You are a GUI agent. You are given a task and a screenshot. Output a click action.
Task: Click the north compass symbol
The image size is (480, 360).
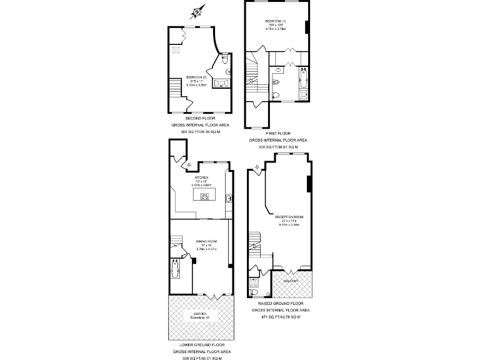pyautogui.click(x=197, y=11)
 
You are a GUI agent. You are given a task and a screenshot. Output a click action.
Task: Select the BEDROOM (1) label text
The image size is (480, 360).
pyautogui.click(x=276, y=21)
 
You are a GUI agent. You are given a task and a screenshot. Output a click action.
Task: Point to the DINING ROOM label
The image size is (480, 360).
pyautogui.click(x=206, y=241)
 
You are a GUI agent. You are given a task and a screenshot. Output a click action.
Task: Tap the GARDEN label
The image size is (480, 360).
pyautogui.click(x=200, y=314)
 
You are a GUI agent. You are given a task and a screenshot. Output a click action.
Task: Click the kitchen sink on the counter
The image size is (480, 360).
pyautogui.click(x=229, y=199)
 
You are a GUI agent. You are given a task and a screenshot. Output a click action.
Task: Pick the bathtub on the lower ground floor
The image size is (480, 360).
pyautogui.click(x=174, y=272)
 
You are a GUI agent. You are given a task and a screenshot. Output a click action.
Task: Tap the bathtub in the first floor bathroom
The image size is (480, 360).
pyautogui.click(x=304, y=77)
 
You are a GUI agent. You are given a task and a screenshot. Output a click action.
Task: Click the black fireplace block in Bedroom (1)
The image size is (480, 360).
pyautogui.click(x=307, y=27)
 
